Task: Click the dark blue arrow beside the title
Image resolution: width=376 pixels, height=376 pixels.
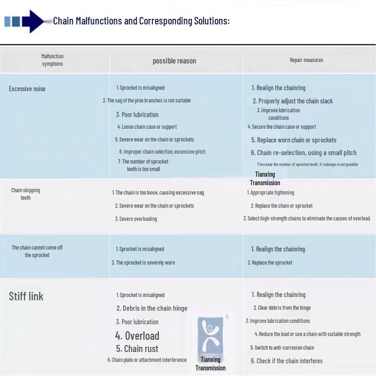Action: coord(33,21)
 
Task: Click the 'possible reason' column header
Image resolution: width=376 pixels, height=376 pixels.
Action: coord(174,61)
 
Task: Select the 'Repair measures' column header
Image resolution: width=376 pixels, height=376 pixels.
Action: coord(306,60)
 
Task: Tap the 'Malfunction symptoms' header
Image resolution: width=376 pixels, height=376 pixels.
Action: coord(52,60)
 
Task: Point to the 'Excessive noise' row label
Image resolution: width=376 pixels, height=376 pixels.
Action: coord(27,89)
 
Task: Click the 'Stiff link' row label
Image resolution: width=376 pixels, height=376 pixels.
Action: coord(26,297)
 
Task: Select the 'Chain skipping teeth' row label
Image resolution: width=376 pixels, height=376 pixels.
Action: coord(25,194)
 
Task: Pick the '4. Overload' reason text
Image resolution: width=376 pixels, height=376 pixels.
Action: coord(137,336)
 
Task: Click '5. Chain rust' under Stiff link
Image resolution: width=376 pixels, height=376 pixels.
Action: coord(137,349)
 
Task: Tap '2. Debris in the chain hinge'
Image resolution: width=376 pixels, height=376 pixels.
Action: coord(152,308)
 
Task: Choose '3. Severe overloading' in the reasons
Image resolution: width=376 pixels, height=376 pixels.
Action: coord(136,219)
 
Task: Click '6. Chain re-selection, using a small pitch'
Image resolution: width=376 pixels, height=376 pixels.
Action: coord(304,153)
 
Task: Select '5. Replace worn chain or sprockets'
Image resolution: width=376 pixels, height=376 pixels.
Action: coord(294,140)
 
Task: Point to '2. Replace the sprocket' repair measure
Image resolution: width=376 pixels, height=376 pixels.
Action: coord(270,263)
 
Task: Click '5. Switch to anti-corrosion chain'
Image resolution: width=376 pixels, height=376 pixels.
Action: coord(282,348)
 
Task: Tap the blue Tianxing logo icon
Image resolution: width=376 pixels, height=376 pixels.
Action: coord(210,336)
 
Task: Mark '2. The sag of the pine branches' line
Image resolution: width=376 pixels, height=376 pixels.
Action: coord(147,101)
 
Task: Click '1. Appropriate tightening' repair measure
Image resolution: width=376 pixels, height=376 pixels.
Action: coord(271,193)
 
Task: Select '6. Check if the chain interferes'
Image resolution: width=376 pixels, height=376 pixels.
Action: coord(287,361)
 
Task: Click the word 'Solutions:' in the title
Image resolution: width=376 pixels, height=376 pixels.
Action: coord(212,21)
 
